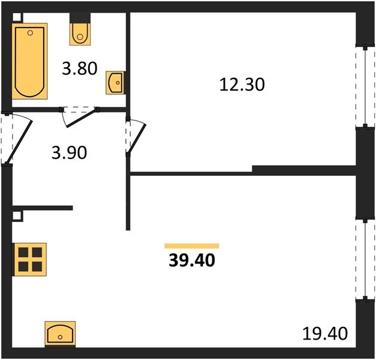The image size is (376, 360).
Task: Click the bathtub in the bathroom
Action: tap(29, 61)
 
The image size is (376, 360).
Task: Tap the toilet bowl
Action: tap(80, 34)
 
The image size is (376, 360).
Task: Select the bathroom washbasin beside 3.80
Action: tap(115, 83)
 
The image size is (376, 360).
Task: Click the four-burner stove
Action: tap(30, 259)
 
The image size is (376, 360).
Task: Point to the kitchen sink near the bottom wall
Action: tap(60, 334)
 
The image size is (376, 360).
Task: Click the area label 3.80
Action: tap(80, 68)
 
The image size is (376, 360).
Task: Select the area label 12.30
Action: tap(242, 85)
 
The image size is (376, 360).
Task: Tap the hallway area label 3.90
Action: tap(69, 153)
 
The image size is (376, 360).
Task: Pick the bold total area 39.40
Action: tap(192, 260)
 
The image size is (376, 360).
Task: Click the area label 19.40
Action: tap(325, 334)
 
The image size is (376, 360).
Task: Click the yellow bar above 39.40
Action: tap(192, 246)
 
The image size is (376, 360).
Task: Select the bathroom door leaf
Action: tap(82, 118)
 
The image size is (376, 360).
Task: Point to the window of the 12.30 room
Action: tap(365, 86)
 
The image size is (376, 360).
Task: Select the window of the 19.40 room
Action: tap(365, 259)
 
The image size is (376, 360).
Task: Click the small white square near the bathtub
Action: tap(17, 17)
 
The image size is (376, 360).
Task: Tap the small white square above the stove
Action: tap(17, 216)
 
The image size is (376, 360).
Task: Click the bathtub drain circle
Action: tap(30, 33)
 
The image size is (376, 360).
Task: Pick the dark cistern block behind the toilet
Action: tap(80, 18)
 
